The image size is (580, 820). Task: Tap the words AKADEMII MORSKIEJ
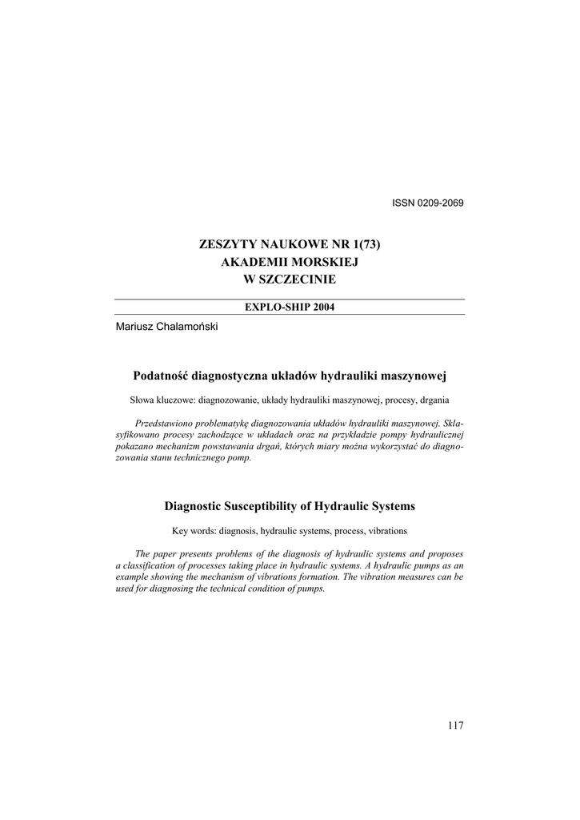click(x=289, y=262)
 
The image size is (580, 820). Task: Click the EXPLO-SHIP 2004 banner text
click(x=289, y=307)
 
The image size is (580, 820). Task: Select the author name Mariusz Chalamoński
click(x=166, y=326)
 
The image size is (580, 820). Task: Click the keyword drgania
click(x=430, y=399)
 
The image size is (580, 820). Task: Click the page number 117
click(x=455, y=726)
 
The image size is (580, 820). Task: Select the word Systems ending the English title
click(x=392, y=506)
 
